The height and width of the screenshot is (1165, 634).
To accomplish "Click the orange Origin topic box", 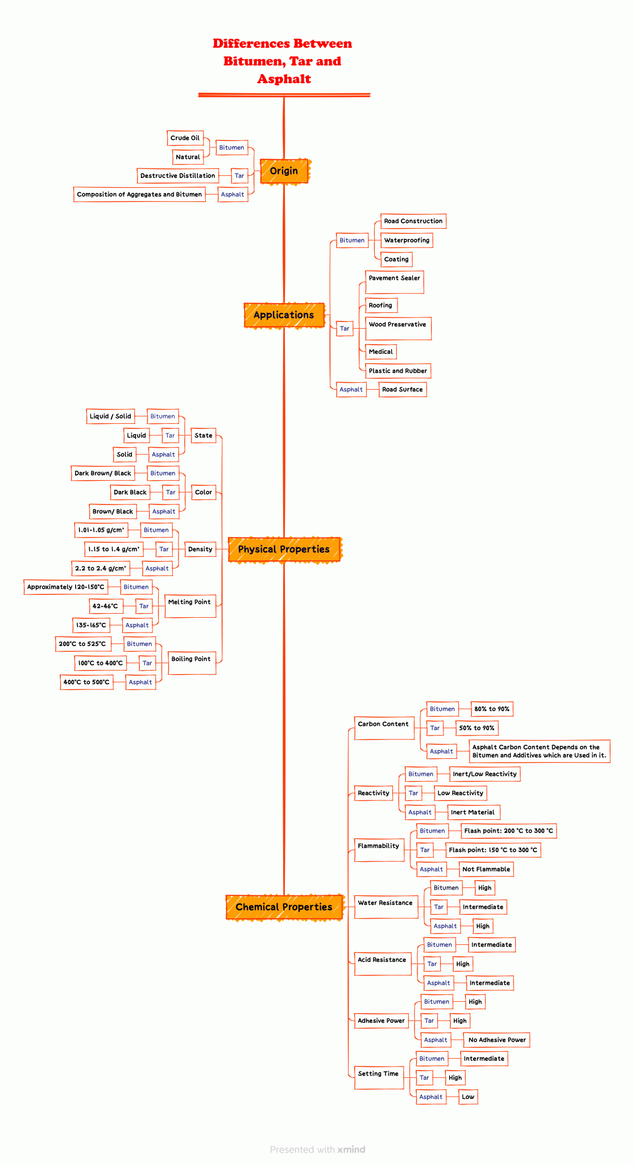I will [x=284, y=171].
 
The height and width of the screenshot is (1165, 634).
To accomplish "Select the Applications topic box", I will [x=284, y=315].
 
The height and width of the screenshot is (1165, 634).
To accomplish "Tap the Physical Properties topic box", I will [x=284, y=550].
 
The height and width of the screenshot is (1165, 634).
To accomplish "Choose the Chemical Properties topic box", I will [x=284, y=907].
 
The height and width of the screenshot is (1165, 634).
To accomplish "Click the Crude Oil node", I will [x=185, y=138].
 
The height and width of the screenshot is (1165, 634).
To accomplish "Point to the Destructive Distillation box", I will [x=178, y=176].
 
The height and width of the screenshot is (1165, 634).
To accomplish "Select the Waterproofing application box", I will [x=407, y=241].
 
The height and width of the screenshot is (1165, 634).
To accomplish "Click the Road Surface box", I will [x=403, y=390].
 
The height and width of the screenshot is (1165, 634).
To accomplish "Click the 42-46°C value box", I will [x=106, y=606].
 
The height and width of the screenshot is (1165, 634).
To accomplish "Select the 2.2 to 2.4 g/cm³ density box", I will [x=101, y=568].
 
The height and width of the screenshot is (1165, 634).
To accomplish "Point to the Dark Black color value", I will [x=130, y=493].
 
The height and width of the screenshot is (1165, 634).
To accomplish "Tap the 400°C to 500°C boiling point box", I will [x=86, y=682].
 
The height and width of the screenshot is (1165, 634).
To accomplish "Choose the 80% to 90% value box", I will [x=492, y=709].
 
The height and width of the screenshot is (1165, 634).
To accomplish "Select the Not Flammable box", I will [x=486, y=869].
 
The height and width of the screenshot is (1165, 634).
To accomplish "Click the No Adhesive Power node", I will [x=497, y=1040].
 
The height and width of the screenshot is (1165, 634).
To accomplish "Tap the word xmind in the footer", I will [x=351, y=1150].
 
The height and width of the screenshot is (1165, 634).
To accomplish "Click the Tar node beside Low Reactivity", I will [x=413, y=793].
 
